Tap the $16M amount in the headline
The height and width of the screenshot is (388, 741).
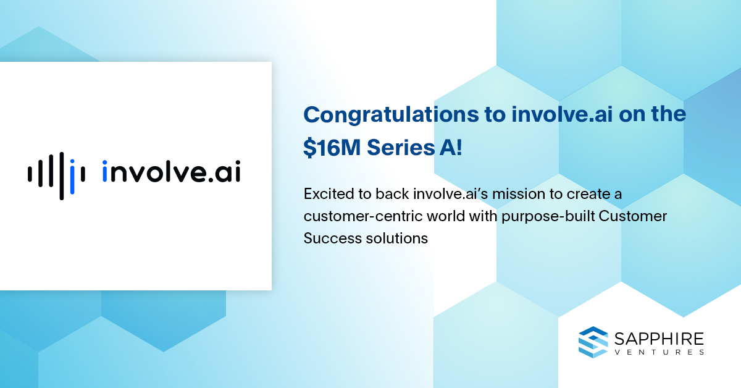tap(332, 147)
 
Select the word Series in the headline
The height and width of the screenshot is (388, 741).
tap(401, 147)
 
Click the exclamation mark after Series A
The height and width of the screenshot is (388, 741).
tap(458, 147)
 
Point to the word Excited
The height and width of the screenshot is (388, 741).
tap(328, 194)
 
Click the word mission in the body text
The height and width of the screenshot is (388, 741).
tap(518, 194)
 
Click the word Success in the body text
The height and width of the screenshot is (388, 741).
tap(332, 238)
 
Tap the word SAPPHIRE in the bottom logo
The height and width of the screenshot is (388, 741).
tap(659, 339)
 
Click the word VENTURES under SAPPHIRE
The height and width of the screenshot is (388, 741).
tap(659, 352)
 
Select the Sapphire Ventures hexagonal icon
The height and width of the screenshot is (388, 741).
tap(593, 342)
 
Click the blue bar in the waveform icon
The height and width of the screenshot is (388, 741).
tap(72, 177)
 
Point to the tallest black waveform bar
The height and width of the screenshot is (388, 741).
tap(62, 176)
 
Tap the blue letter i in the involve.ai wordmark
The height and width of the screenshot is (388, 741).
tap(105, 171)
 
